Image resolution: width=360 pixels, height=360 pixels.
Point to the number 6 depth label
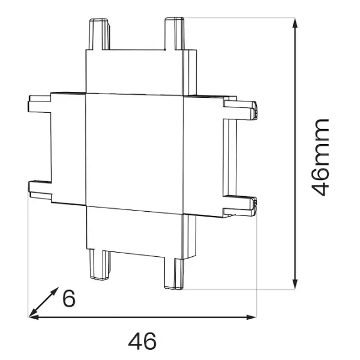70,298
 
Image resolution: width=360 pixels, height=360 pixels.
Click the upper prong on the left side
40,103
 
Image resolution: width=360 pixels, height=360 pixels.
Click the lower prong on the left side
40,187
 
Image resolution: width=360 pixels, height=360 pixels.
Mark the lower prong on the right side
240,204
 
